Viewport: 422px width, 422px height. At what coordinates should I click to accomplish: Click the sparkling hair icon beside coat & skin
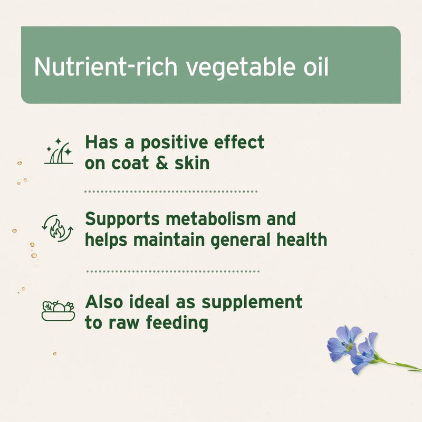(58, 152)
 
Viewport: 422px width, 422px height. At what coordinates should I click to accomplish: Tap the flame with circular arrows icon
(57, 228)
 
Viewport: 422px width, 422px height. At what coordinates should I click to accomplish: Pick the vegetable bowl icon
(58, 311)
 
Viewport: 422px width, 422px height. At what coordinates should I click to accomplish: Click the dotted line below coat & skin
(171, 191)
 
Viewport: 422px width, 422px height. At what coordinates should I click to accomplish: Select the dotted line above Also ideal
(172, 272)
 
